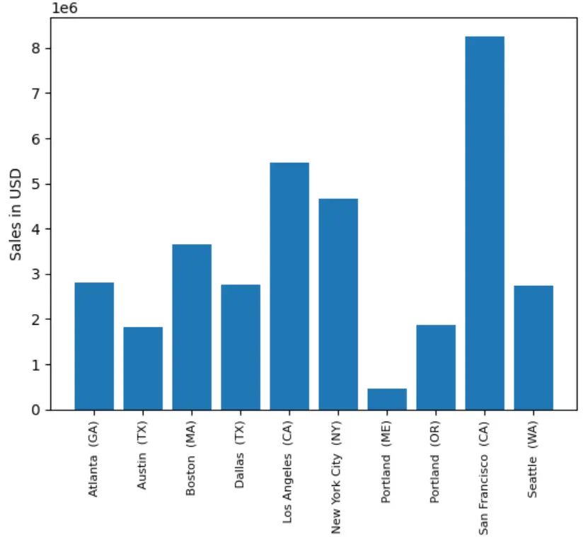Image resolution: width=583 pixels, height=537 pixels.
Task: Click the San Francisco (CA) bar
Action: [485, 223]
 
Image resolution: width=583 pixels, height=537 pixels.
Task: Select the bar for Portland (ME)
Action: [387, 399]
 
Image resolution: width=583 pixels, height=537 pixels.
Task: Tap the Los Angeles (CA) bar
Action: [289, 286]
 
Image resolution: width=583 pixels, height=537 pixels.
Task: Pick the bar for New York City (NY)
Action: [338, 304]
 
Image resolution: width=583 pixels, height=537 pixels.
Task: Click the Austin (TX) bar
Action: [143, 368]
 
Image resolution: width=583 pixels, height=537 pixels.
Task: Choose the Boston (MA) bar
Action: [192, 327]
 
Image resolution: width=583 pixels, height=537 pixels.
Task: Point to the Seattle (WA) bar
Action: [533, 347]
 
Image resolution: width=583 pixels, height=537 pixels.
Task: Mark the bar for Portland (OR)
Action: [436, 367]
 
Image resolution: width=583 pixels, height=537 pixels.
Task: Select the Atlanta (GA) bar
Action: [94, 346]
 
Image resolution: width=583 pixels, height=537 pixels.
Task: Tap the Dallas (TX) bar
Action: [241, 347]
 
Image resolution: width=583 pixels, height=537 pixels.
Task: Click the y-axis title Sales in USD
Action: [16, 214]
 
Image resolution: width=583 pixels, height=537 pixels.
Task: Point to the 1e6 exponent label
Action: [63, 8]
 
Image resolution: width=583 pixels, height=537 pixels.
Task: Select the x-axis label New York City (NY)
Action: [337, 479]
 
